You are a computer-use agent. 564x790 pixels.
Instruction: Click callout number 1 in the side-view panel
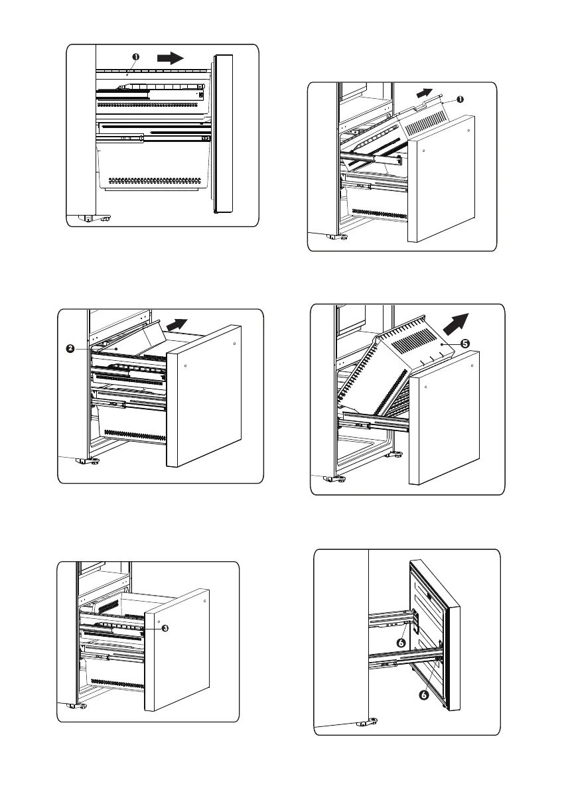(x=135, y=57)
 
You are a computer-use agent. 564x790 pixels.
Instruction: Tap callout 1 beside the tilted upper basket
(x=460, y=99)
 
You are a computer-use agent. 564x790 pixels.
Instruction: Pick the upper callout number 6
(x=401, y=642)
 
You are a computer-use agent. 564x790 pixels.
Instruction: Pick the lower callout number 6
(x=423, y=696)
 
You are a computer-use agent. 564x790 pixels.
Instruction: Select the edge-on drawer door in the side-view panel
(x=224, y=133)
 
